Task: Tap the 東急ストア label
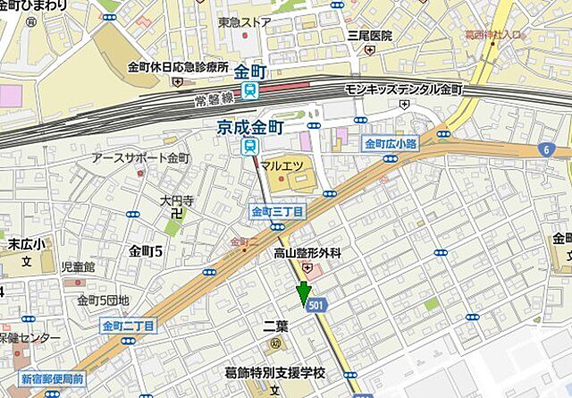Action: click(x=244, y=21)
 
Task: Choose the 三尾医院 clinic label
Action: click(x=370, y=36)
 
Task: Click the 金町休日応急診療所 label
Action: click(x=179, y=67)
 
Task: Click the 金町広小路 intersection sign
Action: click(x=390, y=144)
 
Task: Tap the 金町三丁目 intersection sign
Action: click(x=275, y=212)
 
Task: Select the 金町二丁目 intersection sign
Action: click(x=129, y=326)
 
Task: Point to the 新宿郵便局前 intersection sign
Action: click(x=53, y=377)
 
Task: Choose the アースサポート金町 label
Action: click(x=140, y=157)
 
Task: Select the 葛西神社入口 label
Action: click(x=492, y=35)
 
